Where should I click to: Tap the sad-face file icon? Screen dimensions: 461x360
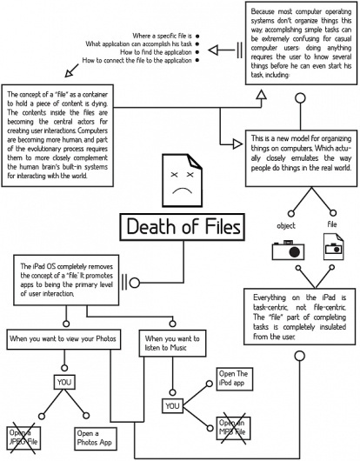[181, 179]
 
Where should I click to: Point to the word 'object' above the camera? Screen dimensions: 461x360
[285, 226]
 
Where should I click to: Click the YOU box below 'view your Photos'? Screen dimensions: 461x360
[64, 381]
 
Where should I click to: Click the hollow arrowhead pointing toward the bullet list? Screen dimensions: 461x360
[218, 49]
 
